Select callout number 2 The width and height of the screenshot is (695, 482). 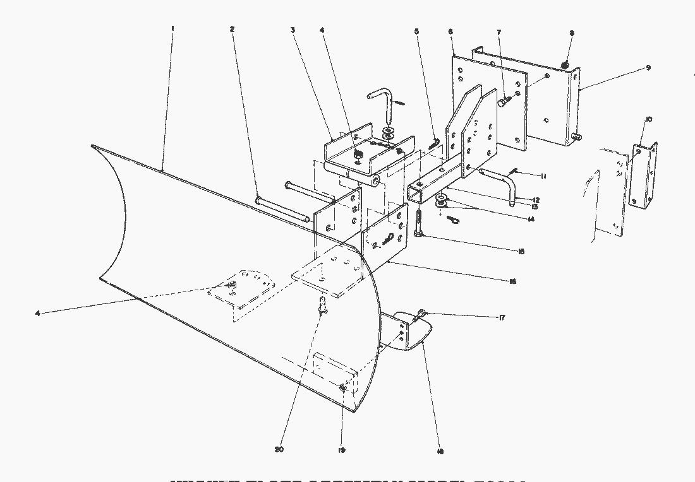pyautogui.click(x=233, y=29)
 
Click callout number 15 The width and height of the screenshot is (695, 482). pyautogui.click(x=521, y=251)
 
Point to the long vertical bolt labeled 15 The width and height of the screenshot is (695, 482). pyautogui.click(x=420, y=223)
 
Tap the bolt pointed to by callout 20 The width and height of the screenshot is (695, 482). pyautogui.click(x=323, y=307)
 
